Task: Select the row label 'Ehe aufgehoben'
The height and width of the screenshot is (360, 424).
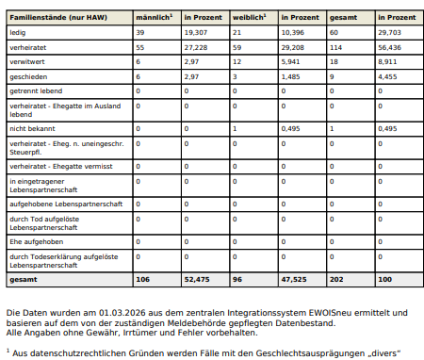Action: [34, 241]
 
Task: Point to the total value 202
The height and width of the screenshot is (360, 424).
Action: [335, 280]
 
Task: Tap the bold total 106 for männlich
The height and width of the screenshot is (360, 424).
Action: [143, 280]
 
